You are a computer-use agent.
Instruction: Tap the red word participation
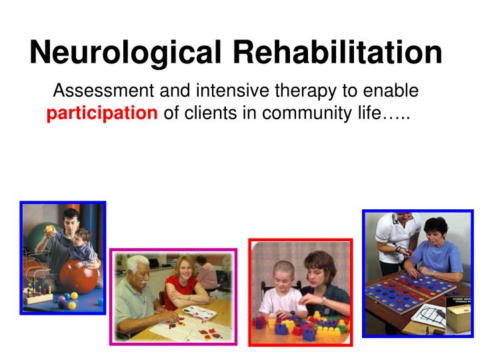tap(102, 113)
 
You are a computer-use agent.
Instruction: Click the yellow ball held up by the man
tap(49, 228)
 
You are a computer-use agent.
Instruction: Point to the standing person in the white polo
tap(393, 237)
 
